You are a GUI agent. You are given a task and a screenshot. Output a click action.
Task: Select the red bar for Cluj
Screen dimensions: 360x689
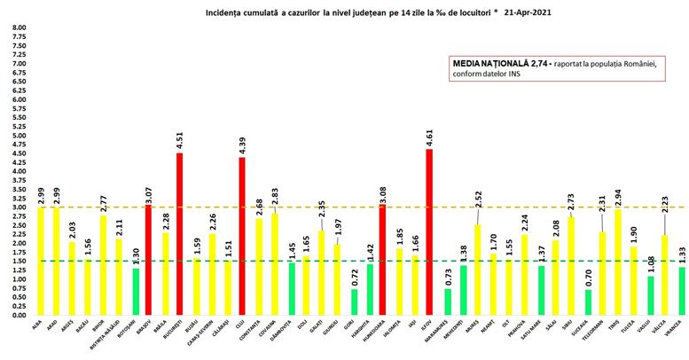point(242,236)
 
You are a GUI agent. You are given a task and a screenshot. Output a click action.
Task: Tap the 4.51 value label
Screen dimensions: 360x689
point(180,141)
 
